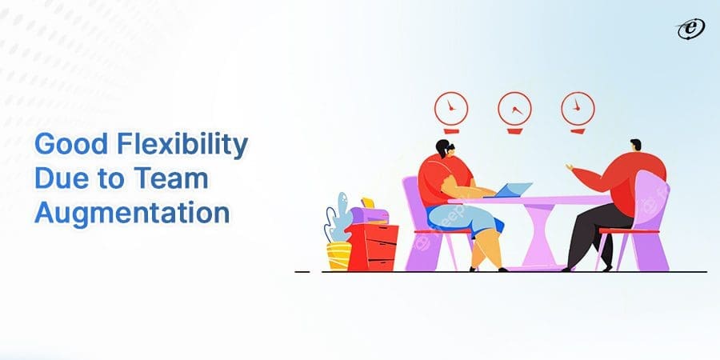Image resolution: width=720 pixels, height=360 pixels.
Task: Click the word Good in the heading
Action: click(72, 144)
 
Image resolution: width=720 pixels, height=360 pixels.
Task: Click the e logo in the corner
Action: click(691, 30)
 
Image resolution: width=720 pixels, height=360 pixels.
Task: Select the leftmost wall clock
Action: click(451, 109)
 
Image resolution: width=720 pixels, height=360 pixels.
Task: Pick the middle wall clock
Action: click(514, 109)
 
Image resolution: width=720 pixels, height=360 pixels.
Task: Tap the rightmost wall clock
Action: click(578, 109)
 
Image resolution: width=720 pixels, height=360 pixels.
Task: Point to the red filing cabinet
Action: click(372, 247)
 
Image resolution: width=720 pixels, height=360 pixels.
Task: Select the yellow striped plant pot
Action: click(339, 256)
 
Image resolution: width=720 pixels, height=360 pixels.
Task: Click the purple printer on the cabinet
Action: click(369, 214)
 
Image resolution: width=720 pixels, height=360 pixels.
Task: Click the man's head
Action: click(635, 146)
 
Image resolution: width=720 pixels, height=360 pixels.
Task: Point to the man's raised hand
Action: click(570, 168)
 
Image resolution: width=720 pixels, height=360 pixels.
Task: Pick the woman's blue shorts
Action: click(464, 218)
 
